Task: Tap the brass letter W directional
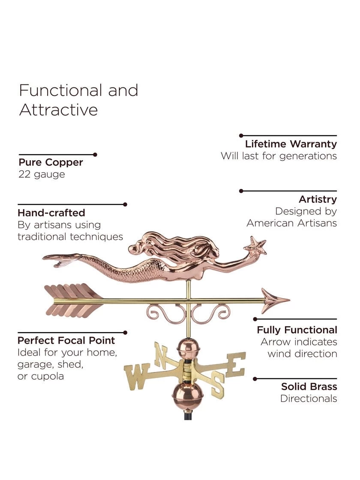click(137, 376)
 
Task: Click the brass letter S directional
click(218, 384)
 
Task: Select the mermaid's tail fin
click(60, 260)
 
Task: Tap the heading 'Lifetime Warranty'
click(291, 144)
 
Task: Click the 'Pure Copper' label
click(51, 162)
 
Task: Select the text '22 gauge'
click(42, 174)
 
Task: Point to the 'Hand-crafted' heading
click(51, 213)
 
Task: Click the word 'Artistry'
click(318, 199)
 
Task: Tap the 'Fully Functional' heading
click(297, 330)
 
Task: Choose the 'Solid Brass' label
click(309, 387)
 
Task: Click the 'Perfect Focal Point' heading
click(66, 340)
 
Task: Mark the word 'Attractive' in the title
click(59, 110)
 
